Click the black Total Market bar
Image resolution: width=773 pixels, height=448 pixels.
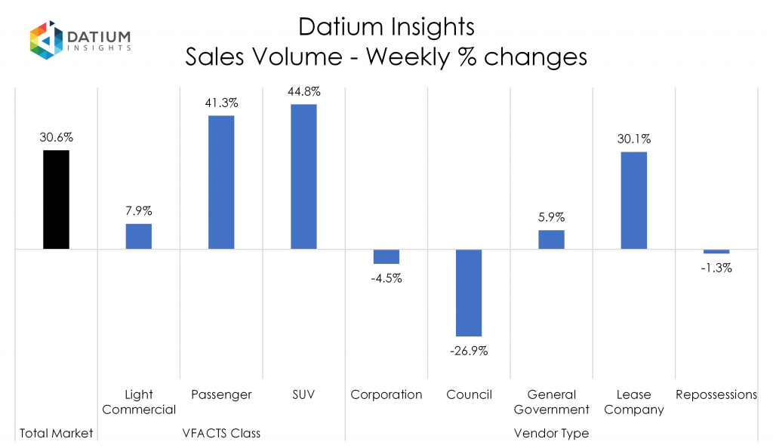pyautogui.click(x=56, y=199)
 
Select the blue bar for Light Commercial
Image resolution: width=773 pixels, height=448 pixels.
pyautogui.click(x=138, y=236)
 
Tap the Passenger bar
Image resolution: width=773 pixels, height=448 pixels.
pyautogui.click(x=221, y=182)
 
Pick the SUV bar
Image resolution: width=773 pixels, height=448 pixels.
pyautogui.click(x=303, y=176)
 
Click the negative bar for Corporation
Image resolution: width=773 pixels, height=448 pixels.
pyautogui.click(x=386, y=256)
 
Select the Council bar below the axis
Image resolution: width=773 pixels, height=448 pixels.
pyautogui.click(x=469, y=292)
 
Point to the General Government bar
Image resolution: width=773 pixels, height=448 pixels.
pyautogui.click(x=551, y=239)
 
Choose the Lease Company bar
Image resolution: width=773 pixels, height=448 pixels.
pyautogui.click(x=634, y=200)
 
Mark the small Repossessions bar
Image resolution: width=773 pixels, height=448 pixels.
pyautogui.click(x=716, y=251)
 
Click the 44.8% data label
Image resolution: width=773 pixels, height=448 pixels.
pyautogui.click(x=303, y=92)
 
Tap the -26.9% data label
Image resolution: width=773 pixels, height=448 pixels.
pyautogui.click(x=469, y=351)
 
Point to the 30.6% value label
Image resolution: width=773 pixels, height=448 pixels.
pyautogui.click(x=56, y=138)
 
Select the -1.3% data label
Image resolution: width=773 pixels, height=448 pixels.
pyautogui.click(x=716, y=268)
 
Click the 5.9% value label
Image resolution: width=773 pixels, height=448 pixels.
pyautogui.click(x=551, y=218)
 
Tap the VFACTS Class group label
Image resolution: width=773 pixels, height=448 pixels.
pyautogui.click(x=221, y=434)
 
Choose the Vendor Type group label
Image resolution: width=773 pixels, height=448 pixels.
pyautogui.click(x=551, y=434)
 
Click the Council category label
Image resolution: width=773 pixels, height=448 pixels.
pyautogui.click(x=469, y=394)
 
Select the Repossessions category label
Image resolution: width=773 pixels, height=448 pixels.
pyautogui.click(x=716, y=394)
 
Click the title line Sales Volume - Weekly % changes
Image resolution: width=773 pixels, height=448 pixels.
pyautogui.click(x=386, y=57)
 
